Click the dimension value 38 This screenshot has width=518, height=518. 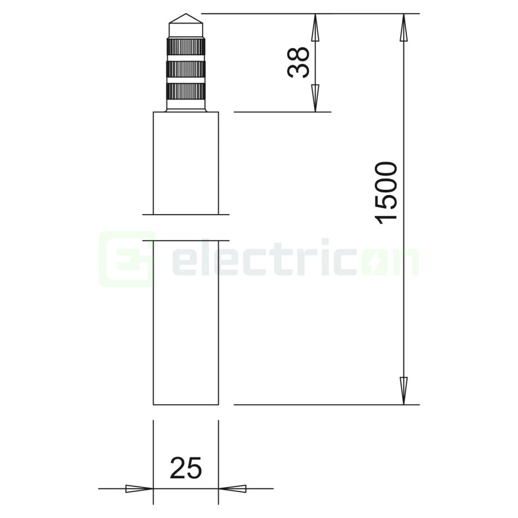point(299,62)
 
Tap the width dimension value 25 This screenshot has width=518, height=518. point(186,468)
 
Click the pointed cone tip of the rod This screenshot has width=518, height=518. point(185,18)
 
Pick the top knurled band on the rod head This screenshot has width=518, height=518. point(185,47)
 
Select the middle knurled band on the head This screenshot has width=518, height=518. point(185,69)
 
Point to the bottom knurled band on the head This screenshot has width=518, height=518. point(185,91)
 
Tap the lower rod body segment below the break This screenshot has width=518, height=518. point(185,322)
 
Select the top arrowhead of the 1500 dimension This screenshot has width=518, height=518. point(404,28)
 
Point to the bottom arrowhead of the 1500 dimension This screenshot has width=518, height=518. point(404,390)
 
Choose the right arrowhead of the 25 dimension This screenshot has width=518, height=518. point(233,489)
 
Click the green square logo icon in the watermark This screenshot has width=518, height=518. point(127,259)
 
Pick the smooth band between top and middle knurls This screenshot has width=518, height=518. point(185,58)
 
